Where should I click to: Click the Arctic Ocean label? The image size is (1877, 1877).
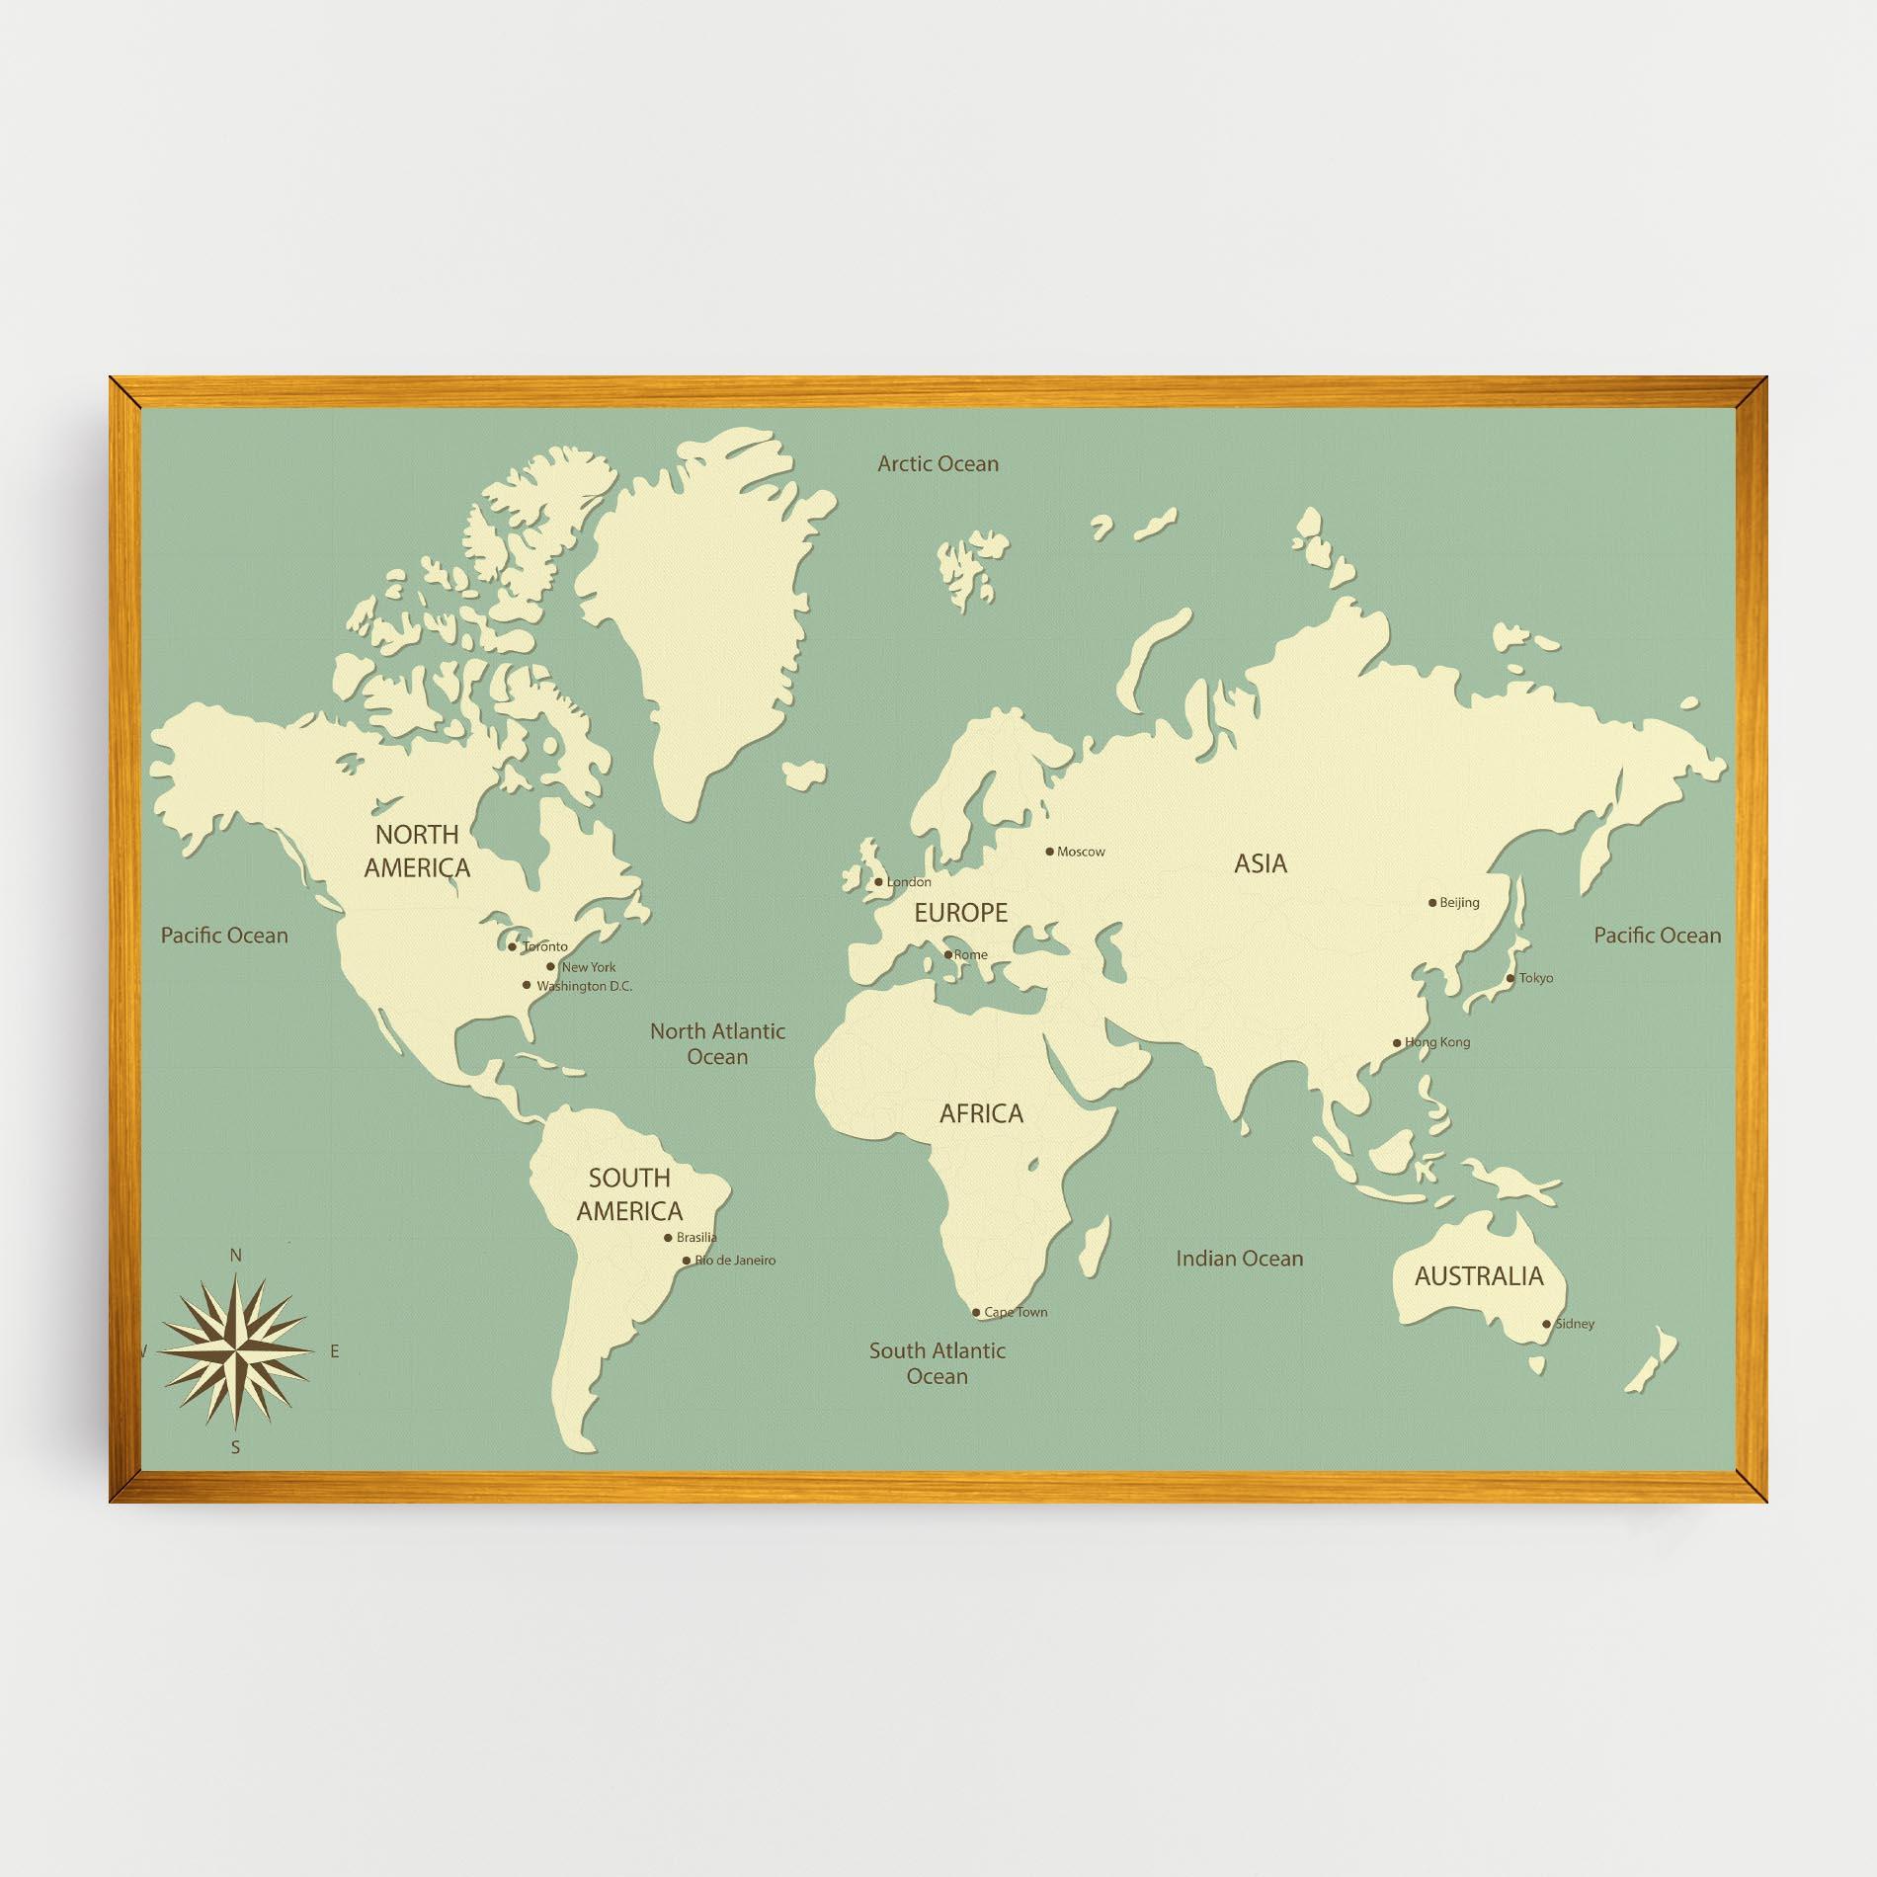click(938, 463)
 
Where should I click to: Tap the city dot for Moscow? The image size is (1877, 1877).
click(1050, 851)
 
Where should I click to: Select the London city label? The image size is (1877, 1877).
click(909, 882)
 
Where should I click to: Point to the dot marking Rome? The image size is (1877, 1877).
click(948, 954)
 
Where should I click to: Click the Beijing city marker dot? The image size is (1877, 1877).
click(1432, 902)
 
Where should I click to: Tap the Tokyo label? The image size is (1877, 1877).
click(1536, 978)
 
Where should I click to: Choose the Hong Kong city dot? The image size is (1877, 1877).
click(1397, 1042)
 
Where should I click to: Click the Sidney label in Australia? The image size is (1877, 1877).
click(1575, 1324)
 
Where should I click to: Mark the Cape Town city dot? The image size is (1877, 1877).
click(976, 1313)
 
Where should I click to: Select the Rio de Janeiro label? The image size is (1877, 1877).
click(736, 1261)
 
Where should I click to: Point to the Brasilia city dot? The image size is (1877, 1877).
click(668, 1238)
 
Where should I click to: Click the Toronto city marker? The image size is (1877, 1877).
click(512, 947)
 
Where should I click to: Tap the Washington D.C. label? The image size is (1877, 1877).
click(584, 986)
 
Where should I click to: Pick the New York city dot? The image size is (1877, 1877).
click(550, 966)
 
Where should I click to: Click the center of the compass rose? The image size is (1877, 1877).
click(236, 1351)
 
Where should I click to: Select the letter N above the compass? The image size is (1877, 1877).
click(235, 1256)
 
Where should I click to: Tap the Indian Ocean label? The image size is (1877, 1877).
click(1239, 1259)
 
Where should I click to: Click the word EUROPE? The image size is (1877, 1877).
click(960, 913)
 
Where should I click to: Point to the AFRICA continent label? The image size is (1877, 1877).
click(981, 1114)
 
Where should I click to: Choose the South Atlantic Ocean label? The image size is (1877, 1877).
click(938, 1363)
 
